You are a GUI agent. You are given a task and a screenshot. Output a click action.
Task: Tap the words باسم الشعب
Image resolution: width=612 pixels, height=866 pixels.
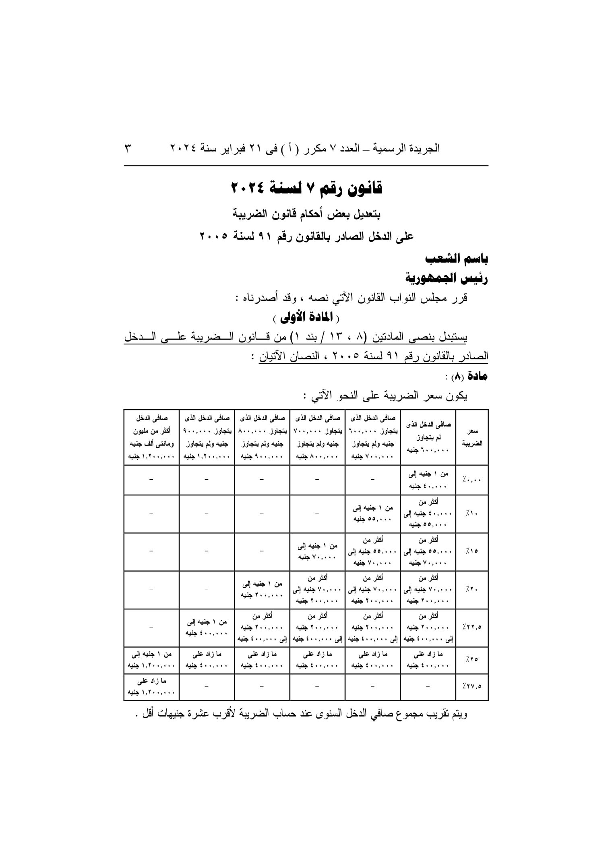[457, 259]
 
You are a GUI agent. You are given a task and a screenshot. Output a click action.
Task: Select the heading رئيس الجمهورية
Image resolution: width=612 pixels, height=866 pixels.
[447, 278]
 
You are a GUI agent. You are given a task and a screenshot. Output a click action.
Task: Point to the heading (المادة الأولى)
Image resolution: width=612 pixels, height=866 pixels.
[306, 318]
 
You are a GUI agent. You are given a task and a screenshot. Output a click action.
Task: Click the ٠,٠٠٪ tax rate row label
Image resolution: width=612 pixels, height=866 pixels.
[472, 480]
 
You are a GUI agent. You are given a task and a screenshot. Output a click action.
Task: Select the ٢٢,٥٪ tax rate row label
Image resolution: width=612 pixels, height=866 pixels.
[472, 627]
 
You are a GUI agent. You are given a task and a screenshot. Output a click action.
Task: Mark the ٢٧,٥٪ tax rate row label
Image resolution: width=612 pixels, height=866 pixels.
[472, 687]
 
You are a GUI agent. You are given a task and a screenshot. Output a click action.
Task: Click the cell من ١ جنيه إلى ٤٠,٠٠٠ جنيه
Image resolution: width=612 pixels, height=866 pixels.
[428, 480]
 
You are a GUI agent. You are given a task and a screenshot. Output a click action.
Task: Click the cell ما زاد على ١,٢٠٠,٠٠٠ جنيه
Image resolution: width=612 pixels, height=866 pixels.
[151, 687]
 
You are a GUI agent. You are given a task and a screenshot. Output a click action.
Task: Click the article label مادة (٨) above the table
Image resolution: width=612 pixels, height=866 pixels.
[468, 377]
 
